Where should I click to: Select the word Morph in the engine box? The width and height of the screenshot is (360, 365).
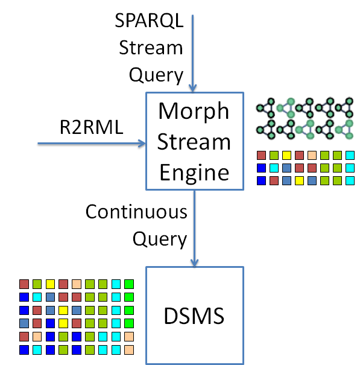[x=194, y=112]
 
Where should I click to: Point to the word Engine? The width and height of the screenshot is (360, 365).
[x=194, y=173]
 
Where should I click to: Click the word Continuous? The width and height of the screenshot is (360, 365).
[x=136, y=212]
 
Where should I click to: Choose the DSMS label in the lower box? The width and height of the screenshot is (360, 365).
[x=194, y=314]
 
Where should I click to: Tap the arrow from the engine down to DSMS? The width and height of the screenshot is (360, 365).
[x=194, y=229]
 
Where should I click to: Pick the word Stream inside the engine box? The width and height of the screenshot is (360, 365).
[x=194, y=142]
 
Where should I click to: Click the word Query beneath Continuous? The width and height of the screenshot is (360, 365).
[x=159, y=240]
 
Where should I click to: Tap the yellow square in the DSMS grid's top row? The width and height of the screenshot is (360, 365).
[x=50, y=284]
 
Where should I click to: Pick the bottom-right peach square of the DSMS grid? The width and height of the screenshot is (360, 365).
[x=128, y=349]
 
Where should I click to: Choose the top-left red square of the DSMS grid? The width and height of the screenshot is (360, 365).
[x=24, y=284]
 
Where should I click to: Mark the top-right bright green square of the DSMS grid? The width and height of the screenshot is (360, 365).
[x=128, y=284]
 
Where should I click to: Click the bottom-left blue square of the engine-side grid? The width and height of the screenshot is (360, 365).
[x=261, y=180]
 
